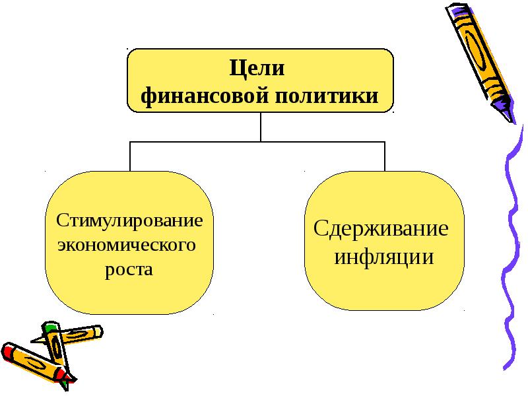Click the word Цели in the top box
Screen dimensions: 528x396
(x=257, y=69)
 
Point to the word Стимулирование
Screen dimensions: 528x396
(x=129, y=220)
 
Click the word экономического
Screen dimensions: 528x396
(x=127, y=245)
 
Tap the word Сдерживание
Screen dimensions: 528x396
(x=381, y=230)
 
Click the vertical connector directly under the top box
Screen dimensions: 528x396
(x=261, y=126)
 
